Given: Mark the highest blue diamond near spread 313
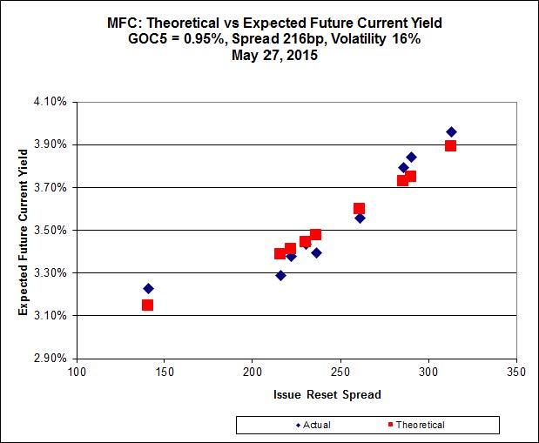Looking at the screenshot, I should (x=451, y=132).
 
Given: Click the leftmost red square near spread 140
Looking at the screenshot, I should (x=147, y=305).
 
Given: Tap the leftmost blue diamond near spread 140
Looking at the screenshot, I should (x=148, y=288).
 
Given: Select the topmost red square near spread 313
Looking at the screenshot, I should (x=450, y=145).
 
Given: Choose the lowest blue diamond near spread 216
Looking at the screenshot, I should (x=280, y=275).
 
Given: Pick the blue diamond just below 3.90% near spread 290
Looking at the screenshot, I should (x=411, y=158).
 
